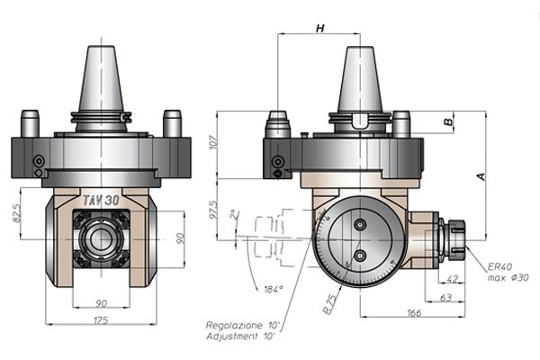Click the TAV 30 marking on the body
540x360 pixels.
click(101, 200)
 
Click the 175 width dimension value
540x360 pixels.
click(101, 320)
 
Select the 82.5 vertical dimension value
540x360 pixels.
click(16, 213)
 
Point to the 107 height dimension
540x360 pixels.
click(213, 142)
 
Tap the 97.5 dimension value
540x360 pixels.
click(213, 210)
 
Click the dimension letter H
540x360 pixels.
click(320, 28)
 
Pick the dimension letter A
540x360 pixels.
click(481, 176)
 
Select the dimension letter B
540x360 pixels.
click(448, 122)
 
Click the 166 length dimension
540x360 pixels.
click(414, 313)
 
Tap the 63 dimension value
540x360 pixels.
click(446, 297)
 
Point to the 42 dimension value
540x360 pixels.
click(452, 279)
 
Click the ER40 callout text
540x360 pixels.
click(500, 266)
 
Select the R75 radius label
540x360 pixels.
click(330, 304)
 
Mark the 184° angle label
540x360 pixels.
click(274, 289)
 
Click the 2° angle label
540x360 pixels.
click(235, 214)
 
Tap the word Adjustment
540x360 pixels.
click(232, 337)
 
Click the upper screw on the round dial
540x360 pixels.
click(360, 225)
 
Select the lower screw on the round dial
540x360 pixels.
click(360, 256)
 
